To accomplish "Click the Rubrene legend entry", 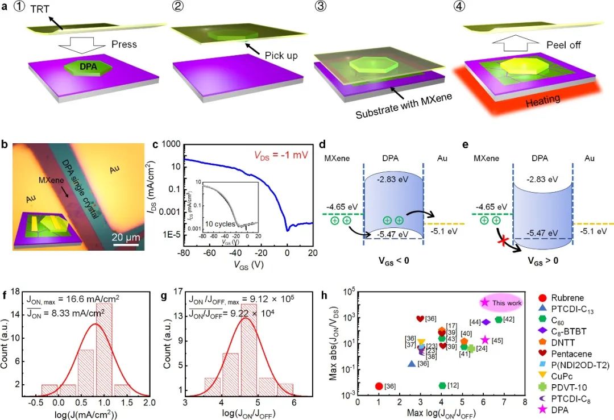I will point(569,297).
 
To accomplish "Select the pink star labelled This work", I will point(485,302).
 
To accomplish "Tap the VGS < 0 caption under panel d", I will point(392,261).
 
